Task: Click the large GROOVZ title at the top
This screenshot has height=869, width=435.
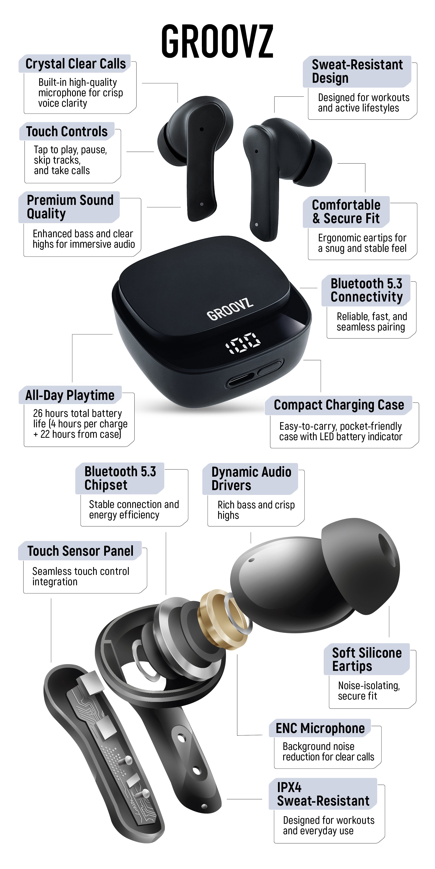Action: pos(217,41)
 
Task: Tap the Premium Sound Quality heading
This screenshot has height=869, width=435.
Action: pos(70,207)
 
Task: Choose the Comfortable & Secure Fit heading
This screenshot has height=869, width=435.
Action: pos(346,212)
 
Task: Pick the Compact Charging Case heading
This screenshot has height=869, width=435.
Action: pos(339,405)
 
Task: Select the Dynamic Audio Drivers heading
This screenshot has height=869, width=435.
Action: pos(251,479)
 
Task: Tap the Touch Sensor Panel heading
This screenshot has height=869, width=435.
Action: pos(80,551)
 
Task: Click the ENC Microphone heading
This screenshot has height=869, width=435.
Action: pos(320,728)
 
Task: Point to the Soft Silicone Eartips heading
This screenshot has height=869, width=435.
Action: pos(367,660)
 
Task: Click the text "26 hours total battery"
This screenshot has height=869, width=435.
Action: pos(77,413)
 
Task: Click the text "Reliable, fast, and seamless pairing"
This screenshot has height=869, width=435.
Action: pos(371,322)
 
